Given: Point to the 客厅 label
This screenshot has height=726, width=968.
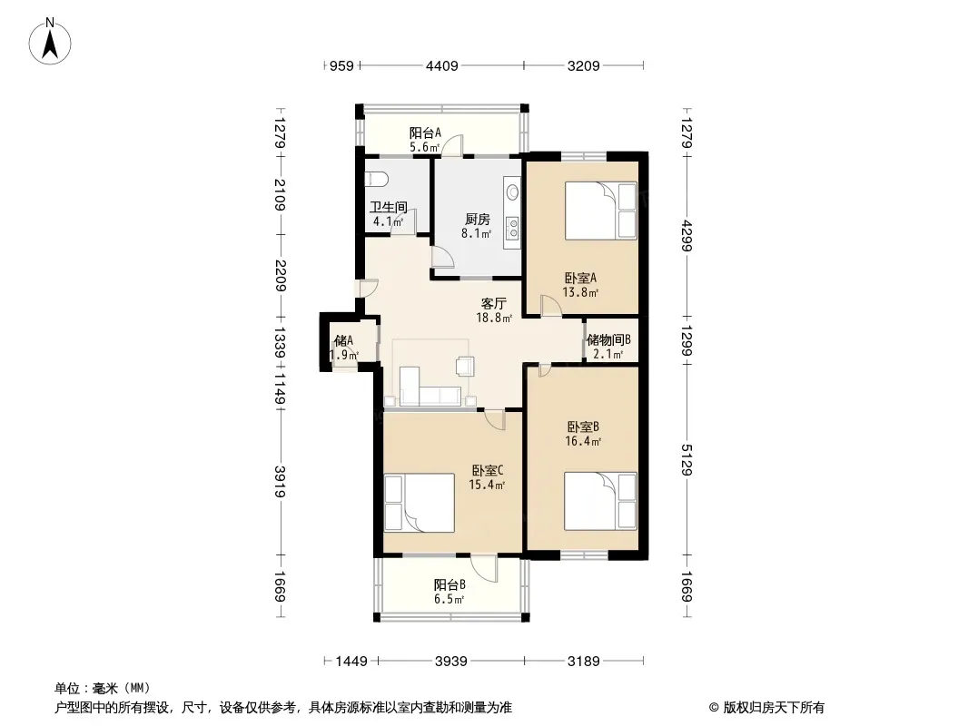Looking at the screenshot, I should click(493, 304).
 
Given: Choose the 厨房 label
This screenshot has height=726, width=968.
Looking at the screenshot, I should click(477, 219).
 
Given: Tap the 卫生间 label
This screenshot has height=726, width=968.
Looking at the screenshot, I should click(385, 206).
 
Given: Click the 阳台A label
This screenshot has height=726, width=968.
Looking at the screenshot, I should click(424, 132).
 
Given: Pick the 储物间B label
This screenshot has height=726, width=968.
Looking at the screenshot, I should click(608, 340).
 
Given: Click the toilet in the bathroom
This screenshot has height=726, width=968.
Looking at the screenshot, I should click(376, 178).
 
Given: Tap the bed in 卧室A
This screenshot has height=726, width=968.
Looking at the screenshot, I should click(599, 211).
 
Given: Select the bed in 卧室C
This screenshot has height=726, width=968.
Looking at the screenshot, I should click(419, 502).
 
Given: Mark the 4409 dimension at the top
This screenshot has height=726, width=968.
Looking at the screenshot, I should click(442, 65).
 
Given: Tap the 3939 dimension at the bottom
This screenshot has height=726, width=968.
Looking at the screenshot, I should click(449, 662).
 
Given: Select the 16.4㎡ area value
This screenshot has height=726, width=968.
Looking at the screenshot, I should click(583, 442).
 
